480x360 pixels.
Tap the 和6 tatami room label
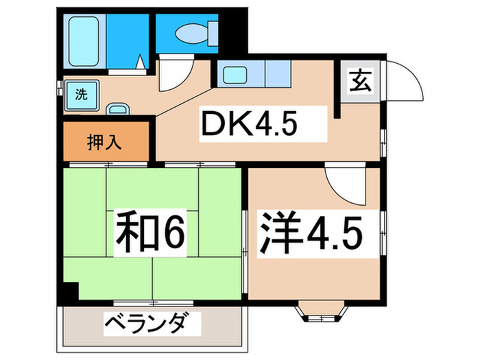click(151, 232)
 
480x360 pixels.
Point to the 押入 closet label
click(104, 143)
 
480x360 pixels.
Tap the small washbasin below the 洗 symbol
click(119, 109)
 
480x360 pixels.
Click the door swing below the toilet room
click(172, 76)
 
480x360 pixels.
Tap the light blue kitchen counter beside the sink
click(274, 73)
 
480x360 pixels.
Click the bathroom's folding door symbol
click(140, 66)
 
